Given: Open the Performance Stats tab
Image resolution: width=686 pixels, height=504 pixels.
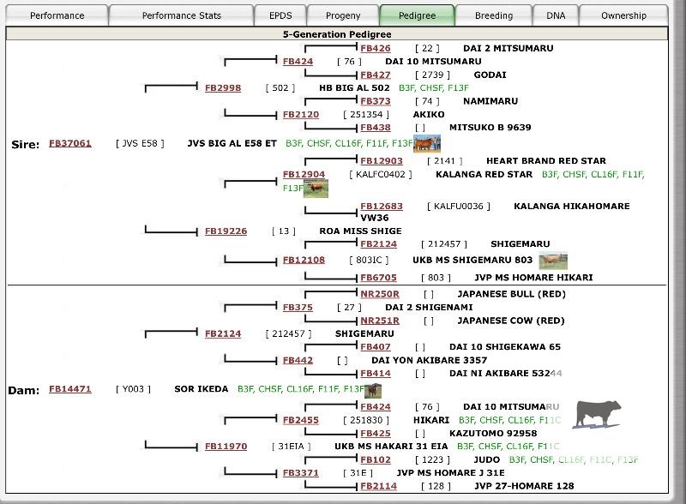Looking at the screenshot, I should tap(181, 15).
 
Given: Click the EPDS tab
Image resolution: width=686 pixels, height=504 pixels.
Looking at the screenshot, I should tap(280, 15).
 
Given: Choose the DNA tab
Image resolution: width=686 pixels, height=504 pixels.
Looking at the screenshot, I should tap(556, 15).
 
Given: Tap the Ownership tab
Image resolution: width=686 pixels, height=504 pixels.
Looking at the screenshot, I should tap(623, 15).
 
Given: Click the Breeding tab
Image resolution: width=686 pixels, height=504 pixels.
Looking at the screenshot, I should tap(494, 15).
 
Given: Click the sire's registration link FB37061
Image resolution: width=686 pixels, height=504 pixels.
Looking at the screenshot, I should tap(70, 143).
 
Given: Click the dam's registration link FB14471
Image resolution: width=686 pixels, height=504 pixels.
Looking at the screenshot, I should tap(70, 389).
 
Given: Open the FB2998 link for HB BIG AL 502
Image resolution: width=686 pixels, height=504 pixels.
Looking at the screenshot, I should tap(223, 87).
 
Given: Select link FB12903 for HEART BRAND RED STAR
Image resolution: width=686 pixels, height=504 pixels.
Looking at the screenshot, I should tap(382, 161).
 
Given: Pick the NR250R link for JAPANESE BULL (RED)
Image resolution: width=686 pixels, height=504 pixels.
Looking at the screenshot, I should tap(380, 294).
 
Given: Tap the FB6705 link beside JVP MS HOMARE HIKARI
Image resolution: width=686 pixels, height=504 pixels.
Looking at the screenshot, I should tap(378, 278).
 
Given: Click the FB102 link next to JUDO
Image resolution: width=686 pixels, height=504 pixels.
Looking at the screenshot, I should tap(376, 459).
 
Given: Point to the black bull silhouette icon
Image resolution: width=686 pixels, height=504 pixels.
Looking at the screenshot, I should tap(598, 414).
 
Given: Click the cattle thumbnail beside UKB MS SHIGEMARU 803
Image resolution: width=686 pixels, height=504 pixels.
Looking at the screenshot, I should tap(552, 260).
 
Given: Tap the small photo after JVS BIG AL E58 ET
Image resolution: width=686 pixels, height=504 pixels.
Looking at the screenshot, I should tap(426, 143).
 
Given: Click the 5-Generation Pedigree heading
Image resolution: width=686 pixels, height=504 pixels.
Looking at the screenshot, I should tap(336, 34).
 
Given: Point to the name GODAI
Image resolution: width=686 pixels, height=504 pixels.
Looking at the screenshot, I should tap(490, 75).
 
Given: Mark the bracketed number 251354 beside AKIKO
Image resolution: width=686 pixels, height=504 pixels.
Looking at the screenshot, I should tap(366, 114).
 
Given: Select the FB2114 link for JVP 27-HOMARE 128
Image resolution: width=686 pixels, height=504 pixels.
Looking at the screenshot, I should tap(378, 486).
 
